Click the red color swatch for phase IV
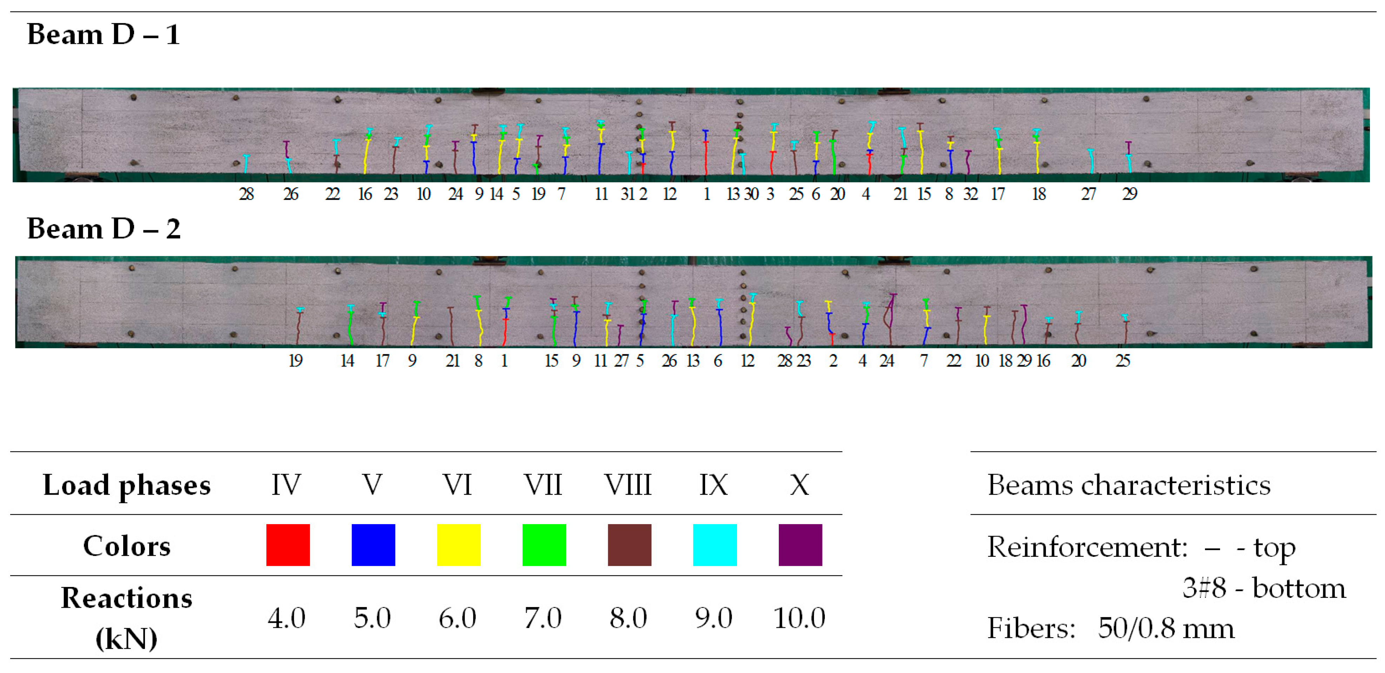pos(288,545)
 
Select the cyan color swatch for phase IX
pos(715,545)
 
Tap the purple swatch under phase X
pos(800,545)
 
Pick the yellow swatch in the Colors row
pos(459,545)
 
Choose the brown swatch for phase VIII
pos(629,545)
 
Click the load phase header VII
pos(543,485)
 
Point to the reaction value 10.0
pos(800,618)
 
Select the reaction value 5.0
pos(372,618)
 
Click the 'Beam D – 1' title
pos(103,35)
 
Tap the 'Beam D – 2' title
pos(103,229)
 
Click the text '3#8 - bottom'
pos(1264,587)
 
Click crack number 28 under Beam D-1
pos(246,194)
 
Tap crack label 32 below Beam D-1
pos(970,194)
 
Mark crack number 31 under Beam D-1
pos(628,194)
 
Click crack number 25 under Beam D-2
pos(1122,361)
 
